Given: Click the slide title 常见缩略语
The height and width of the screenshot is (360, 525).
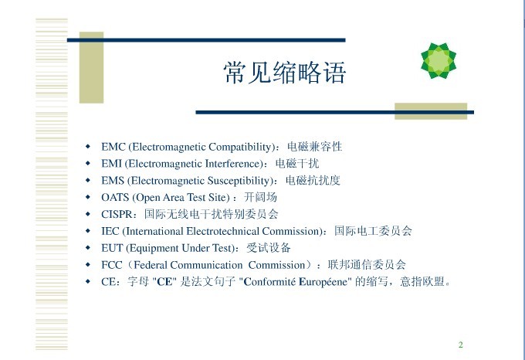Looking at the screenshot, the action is (x=285, y=73).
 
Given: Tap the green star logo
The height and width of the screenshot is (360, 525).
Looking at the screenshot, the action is (x=439, y=60).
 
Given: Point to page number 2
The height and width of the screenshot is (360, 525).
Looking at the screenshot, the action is (x=461, y=345).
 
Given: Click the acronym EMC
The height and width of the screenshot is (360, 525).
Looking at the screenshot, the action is (x=113, y=147).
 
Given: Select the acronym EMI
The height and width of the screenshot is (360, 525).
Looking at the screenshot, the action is (x=111, y=164).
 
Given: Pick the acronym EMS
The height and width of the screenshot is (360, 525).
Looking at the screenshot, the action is (x=113, y=181).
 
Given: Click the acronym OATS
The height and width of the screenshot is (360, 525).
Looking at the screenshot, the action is (x=115, y=197).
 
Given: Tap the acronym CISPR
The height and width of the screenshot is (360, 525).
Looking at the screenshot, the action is (x=117, y=214).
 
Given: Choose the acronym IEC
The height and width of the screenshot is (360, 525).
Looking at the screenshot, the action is (x=110, y=231).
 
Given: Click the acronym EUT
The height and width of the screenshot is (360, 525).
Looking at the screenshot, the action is (x=112, y=248).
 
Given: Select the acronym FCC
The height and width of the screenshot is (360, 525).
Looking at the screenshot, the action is (x=112, y=265).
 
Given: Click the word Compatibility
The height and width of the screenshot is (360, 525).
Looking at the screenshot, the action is (x=240, y=147).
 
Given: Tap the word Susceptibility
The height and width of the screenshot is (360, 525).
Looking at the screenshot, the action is (x=239, y=181).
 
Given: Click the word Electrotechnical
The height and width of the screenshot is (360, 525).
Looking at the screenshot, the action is (x=222, y=231).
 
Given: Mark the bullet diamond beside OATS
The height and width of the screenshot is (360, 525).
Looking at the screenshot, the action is (x=88, y=197).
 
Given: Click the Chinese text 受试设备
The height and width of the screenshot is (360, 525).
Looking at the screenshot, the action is (x=269, y=248).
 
